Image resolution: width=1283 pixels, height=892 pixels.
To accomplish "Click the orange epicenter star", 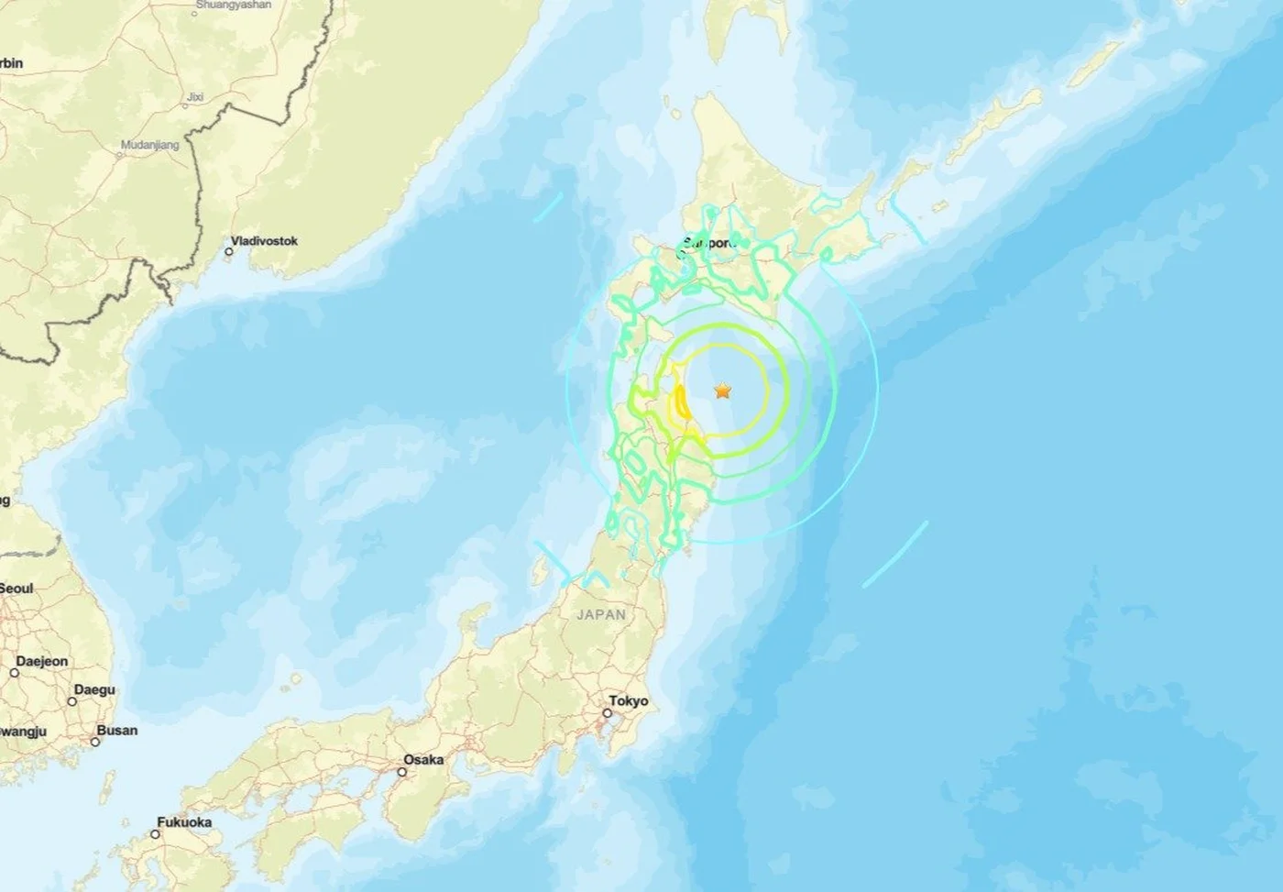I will (x=723, y=391).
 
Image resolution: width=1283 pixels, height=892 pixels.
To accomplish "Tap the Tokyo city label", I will (x=629, y=701).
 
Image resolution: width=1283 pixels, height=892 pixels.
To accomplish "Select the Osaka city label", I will (x=423, y=759).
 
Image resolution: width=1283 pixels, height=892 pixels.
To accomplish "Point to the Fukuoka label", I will (x=184, y=822).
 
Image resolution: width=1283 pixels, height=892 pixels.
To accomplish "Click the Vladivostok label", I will (x=264, y=241).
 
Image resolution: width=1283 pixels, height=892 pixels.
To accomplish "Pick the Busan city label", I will (x=117, y=731).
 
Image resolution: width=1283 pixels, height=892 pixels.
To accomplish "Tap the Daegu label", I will (x=94, y=689).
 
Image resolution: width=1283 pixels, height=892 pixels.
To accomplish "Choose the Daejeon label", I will (x=41, y=661).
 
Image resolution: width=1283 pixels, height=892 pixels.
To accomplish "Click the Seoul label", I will (x=16, y=588).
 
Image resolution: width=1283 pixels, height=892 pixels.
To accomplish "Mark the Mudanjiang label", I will (x=150, y=145).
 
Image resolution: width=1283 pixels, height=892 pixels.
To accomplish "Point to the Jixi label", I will (x=195, y=95).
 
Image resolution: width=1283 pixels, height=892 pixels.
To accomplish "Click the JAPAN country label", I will (x=601, y=614).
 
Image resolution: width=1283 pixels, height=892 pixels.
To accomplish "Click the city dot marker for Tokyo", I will (x=609, y=712).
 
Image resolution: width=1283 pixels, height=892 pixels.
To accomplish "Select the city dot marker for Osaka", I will (x=401, y=771).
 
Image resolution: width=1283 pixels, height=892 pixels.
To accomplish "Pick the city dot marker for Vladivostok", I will (x=228, y=251).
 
